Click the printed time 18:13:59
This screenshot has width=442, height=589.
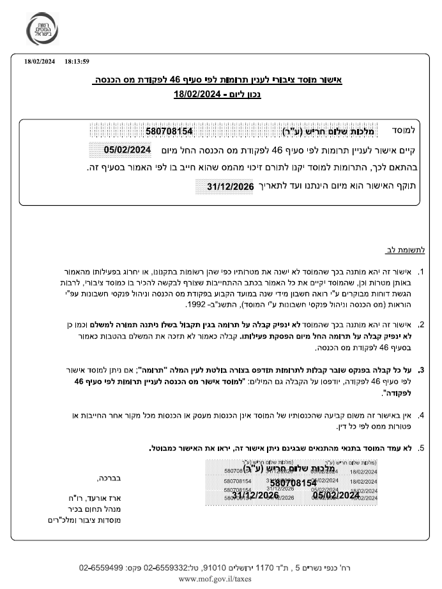[x=77, y=62]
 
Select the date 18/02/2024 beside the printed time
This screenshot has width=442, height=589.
[x=40, y=62]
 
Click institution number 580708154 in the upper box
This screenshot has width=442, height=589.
[x=169, y=131]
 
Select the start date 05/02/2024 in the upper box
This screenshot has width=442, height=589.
[x=127, y=149]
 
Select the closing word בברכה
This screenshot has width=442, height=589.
[x=109, y=477]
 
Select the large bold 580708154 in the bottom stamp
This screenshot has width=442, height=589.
[x=293, y=483]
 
